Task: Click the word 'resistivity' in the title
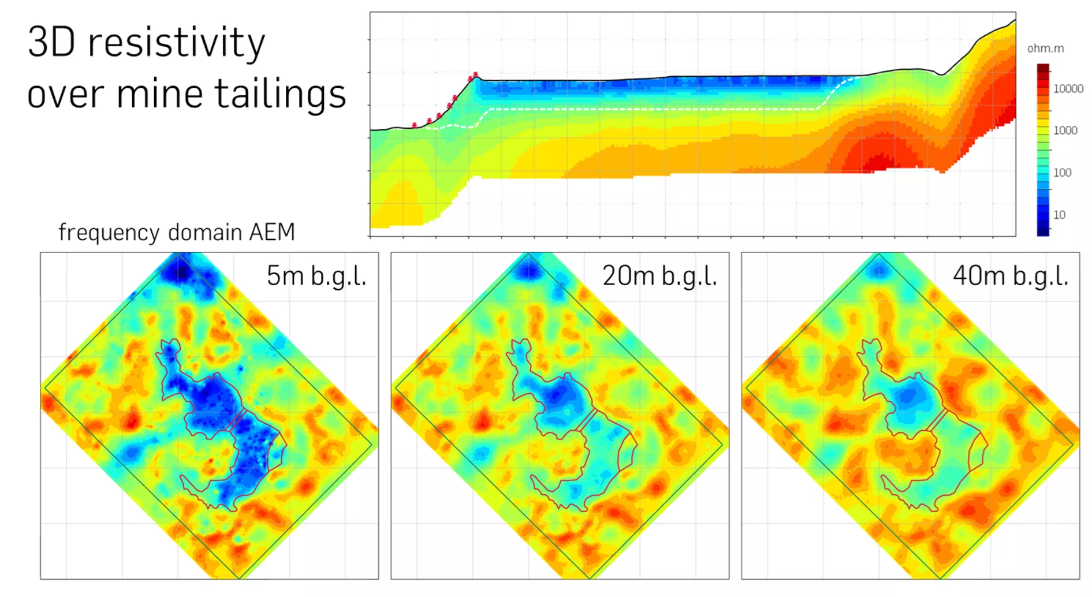(176, 43)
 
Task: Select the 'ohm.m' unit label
(1045, 48)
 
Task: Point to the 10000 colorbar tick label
(1068, 89)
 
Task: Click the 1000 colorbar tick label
(1065, 130)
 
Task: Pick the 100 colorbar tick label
(1062, 173)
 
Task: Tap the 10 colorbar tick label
(1059, 215)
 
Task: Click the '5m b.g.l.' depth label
(316, 276)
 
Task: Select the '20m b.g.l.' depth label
(659, 276)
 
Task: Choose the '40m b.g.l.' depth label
(1011, 276)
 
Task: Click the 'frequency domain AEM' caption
(177, 233)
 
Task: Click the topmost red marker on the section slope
(475, 75)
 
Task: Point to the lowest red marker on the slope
(414, 125)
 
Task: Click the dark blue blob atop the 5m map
(180, 271)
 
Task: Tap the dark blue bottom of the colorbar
(1043, 230)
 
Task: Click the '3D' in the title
(51, 43)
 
